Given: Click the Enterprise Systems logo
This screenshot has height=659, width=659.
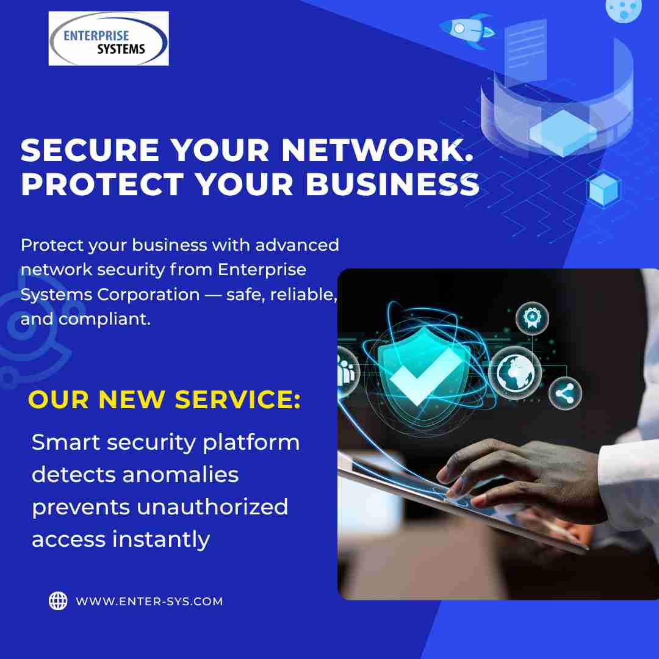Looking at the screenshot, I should [109, 39].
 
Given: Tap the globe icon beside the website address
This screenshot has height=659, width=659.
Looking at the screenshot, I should [58, 601].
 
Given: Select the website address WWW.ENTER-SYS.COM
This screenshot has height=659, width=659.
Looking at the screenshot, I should [149, 602].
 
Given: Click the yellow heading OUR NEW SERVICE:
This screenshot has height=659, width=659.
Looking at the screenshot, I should [165, 399].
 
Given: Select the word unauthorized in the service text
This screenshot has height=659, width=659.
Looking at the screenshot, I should [212, 507].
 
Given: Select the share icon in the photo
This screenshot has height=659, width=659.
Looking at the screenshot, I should [565, 393].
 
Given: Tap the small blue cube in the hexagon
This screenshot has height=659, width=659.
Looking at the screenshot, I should [603, 189].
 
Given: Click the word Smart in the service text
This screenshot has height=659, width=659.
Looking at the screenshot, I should [65, 442].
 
